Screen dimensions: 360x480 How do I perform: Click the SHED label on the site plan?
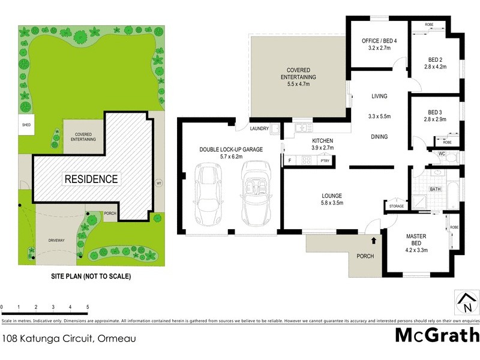tap(26, 125)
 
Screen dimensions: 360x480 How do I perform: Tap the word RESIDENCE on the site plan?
tap(91, 179)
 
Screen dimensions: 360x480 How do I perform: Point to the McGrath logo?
tap(437, 335)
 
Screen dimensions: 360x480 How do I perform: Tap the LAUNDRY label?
tap(259, 128)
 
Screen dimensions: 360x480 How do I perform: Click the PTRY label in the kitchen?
tap(325, 160)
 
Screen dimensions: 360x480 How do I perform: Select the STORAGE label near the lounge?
tap(397, 206)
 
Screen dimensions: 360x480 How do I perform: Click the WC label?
tap(441, 154)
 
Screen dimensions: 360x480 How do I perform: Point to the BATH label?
tap(436, 190)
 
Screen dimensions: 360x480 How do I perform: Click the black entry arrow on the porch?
tap(374, 241)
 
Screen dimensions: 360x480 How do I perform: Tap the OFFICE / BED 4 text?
tap(380, 40)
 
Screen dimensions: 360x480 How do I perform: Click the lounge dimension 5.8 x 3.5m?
tap(331, 203)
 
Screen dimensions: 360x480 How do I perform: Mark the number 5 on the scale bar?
tap(88, 307)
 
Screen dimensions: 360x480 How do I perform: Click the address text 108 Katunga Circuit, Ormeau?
tap(68, 338)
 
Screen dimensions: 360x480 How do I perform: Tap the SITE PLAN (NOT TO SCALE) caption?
tap(90, 277)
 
